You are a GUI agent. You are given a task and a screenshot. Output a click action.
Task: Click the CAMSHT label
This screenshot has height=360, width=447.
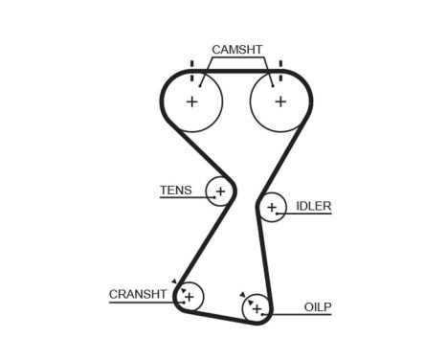pyautogui.click(x=236, y=49)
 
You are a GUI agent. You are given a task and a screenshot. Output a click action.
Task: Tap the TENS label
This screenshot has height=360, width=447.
pyautogui.click(x=175, y=190)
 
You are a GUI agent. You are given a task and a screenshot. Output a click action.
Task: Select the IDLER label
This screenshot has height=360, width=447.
pyautogui.click(x=313, y=206)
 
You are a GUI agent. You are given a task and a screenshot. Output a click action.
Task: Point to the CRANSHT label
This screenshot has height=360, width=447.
pyautogui.click(x=138, y=294)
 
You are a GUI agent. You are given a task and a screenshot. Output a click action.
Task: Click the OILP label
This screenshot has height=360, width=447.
pyautogui.click(x=318, y=306)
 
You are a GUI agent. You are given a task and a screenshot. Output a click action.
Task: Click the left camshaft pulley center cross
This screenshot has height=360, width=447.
pyautogui.click(x=191, y=101)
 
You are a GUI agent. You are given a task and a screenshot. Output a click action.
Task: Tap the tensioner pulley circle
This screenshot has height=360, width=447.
pyautogui.click(x=220, y=192)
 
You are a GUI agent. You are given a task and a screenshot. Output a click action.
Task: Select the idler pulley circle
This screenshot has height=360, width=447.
pyautogui.click(x=272, y=207)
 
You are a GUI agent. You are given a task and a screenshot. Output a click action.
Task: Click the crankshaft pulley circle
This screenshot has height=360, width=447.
pyautogui.click(x=189, y=297)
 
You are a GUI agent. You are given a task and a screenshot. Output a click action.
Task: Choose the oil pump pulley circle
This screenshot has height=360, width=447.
pyautogui.click(x=257, y=308)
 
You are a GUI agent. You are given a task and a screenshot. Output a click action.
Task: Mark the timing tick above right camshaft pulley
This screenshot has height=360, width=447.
pyautogui.click(x=279, y=67)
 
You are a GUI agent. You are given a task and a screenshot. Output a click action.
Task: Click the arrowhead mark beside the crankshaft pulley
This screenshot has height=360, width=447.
pyautogui.click(x=174, y=281)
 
